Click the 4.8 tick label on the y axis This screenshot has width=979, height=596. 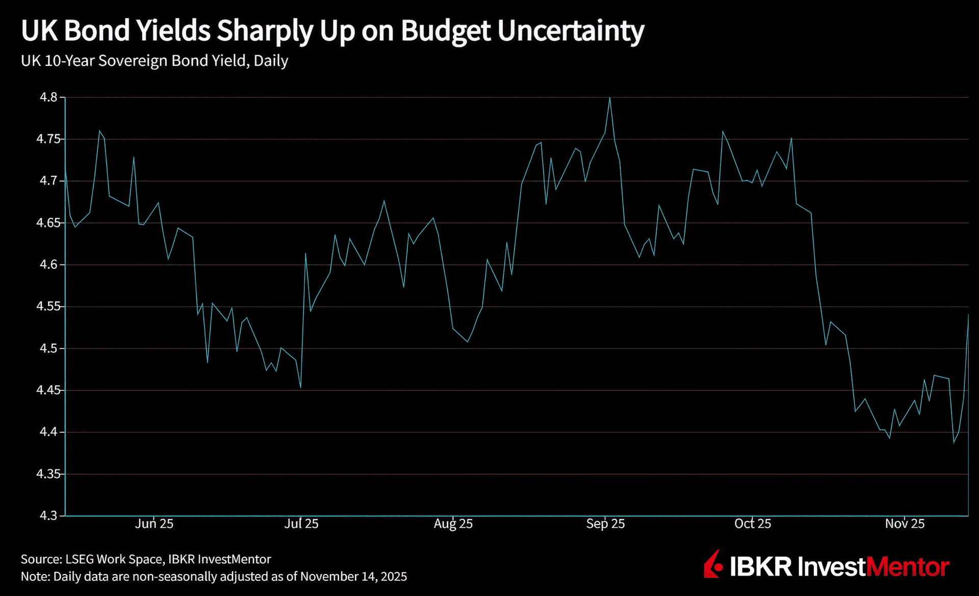click(x=48, y=97)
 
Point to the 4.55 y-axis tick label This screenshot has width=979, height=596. click(x=48, y=306)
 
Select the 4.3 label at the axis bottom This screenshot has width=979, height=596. click(x=48, y=515)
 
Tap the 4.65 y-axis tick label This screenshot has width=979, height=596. click(x=48, y=222)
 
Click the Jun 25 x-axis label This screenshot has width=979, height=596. click(x=154, y=524)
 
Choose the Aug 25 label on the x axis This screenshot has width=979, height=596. click(x=453, y=524)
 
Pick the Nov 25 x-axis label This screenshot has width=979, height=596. click(x=905, y=524)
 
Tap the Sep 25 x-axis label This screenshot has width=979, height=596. click(x=605, y=524)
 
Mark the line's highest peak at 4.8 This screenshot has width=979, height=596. click(x=610, y=97)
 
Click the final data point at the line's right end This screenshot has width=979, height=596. click(x=968, y=314)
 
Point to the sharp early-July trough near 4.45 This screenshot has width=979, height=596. click(x=301, y=387)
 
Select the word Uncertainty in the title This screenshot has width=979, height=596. click(x=571, y=31)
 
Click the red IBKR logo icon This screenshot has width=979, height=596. click(x=714, y=564)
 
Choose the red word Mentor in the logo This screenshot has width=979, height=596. click(x=908, y=567)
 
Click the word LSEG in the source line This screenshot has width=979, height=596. click(x=79, y=559)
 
